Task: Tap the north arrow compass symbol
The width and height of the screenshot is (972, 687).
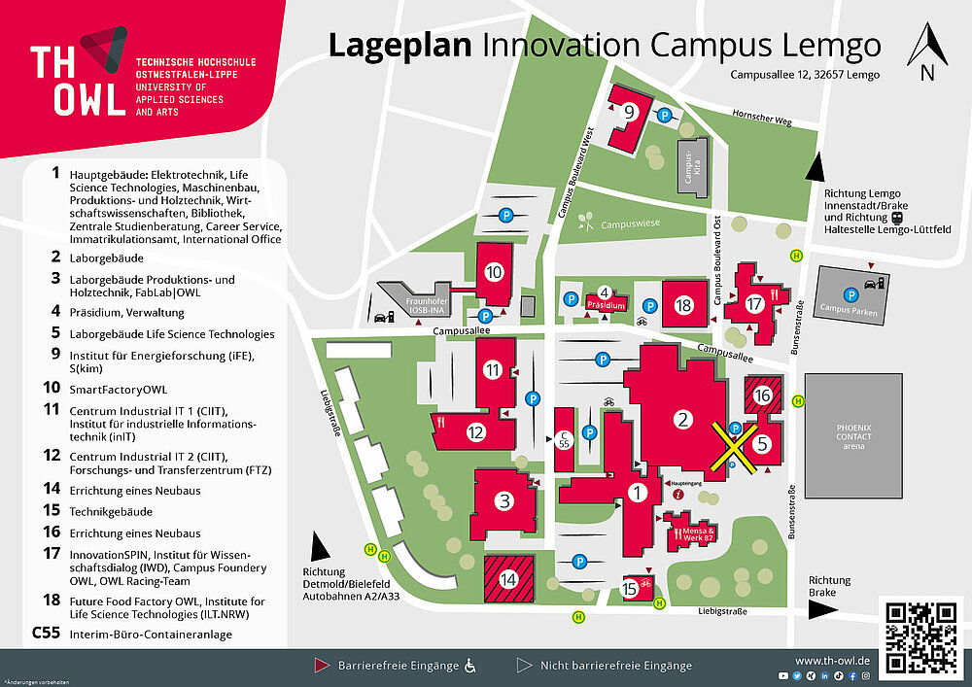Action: [926, 54]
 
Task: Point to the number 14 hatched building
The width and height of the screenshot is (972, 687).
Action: [508, 579]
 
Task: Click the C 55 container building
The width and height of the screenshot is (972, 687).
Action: [563, 439]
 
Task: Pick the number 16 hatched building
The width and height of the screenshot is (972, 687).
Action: [762, 395]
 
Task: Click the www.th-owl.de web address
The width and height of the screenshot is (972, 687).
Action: [832, 660]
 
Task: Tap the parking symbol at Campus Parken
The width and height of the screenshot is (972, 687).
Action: [849, 292]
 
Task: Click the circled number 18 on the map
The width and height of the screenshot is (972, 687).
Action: [684, 306]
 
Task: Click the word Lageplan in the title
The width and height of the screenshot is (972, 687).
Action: [399, 45]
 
